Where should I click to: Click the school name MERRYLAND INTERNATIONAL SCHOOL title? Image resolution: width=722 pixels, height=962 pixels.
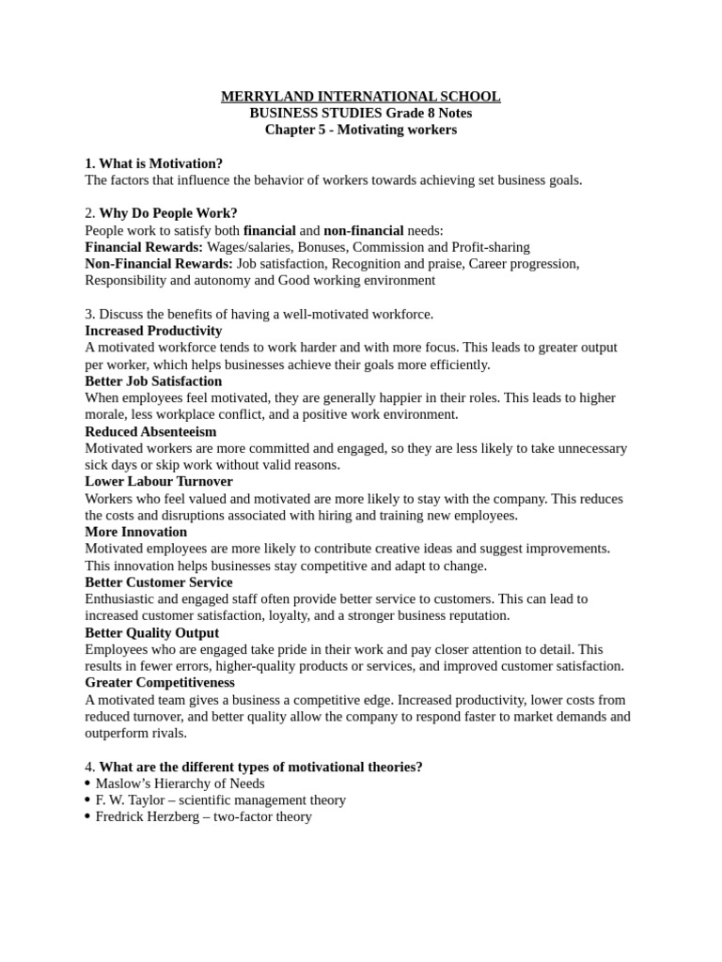click(360, 97)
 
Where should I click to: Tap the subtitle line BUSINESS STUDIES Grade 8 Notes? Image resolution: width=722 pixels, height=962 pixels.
click(360, 114)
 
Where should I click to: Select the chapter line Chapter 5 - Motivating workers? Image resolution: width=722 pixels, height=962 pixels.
click(360, 131)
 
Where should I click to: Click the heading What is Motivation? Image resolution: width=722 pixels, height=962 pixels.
click(161, 163)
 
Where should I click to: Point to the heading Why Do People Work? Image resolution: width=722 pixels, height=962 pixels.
click(168, 213)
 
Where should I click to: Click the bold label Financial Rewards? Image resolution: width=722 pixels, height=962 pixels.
click(144, 247)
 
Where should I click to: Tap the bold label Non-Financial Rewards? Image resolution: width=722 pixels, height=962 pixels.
click(159, 264)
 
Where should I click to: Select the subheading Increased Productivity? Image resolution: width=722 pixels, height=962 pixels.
click(153, 331)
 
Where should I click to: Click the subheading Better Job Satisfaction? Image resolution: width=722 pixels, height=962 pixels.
click(153, 381)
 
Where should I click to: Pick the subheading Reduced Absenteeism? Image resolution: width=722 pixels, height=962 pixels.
click(150, 432)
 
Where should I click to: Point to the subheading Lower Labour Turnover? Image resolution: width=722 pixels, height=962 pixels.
click(159, 482)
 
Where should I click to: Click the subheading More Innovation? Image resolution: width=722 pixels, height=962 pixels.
click(135, 533)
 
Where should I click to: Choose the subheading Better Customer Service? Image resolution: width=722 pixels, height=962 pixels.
click(159, 582)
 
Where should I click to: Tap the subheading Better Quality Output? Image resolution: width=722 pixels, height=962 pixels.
click(152, 633)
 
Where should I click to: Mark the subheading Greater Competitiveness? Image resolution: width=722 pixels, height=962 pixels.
click(160, 683)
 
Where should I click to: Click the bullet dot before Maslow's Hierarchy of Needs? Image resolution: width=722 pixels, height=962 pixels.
click(87, 784)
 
